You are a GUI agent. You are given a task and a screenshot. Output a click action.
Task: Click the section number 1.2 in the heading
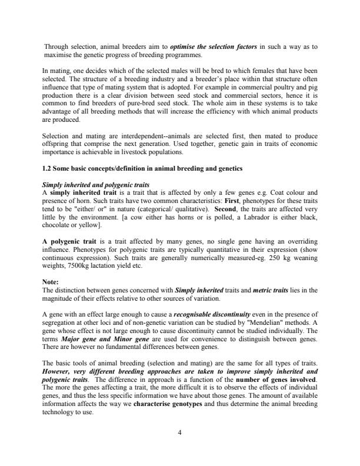(x=48, y=169)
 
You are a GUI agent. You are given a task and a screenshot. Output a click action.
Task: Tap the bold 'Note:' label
(x=51, y=282)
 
